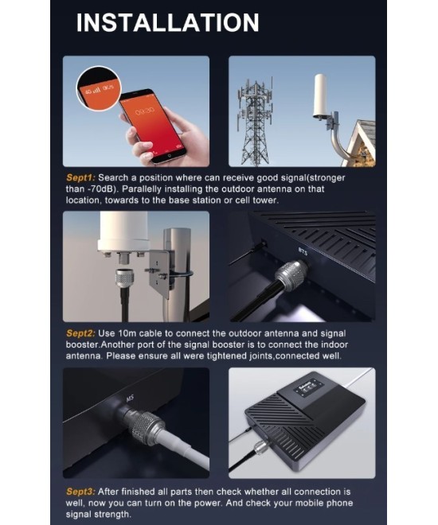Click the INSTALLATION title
pos(167,22)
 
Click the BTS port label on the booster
pos(303,251)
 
